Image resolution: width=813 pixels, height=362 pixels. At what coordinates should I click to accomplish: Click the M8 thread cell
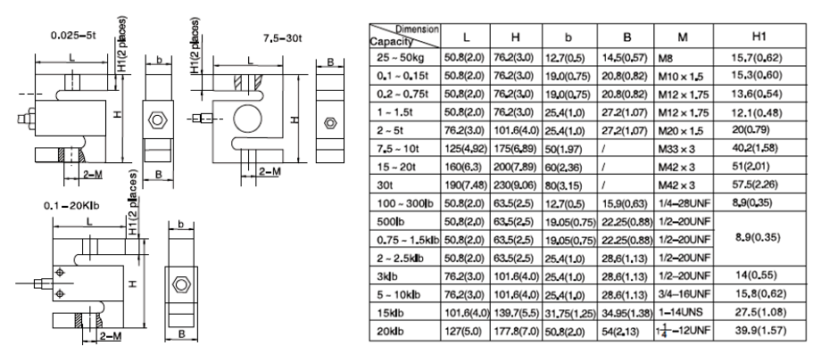(x=667, y=58)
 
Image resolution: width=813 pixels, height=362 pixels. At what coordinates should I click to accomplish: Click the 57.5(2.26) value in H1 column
(x=752, y=186)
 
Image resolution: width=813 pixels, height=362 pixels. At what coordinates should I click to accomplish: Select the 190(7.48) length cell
(x=465, y=186)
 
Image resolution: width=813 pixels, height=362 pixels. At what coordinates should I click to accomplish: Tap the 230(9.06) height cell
(x=515, y=186)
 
